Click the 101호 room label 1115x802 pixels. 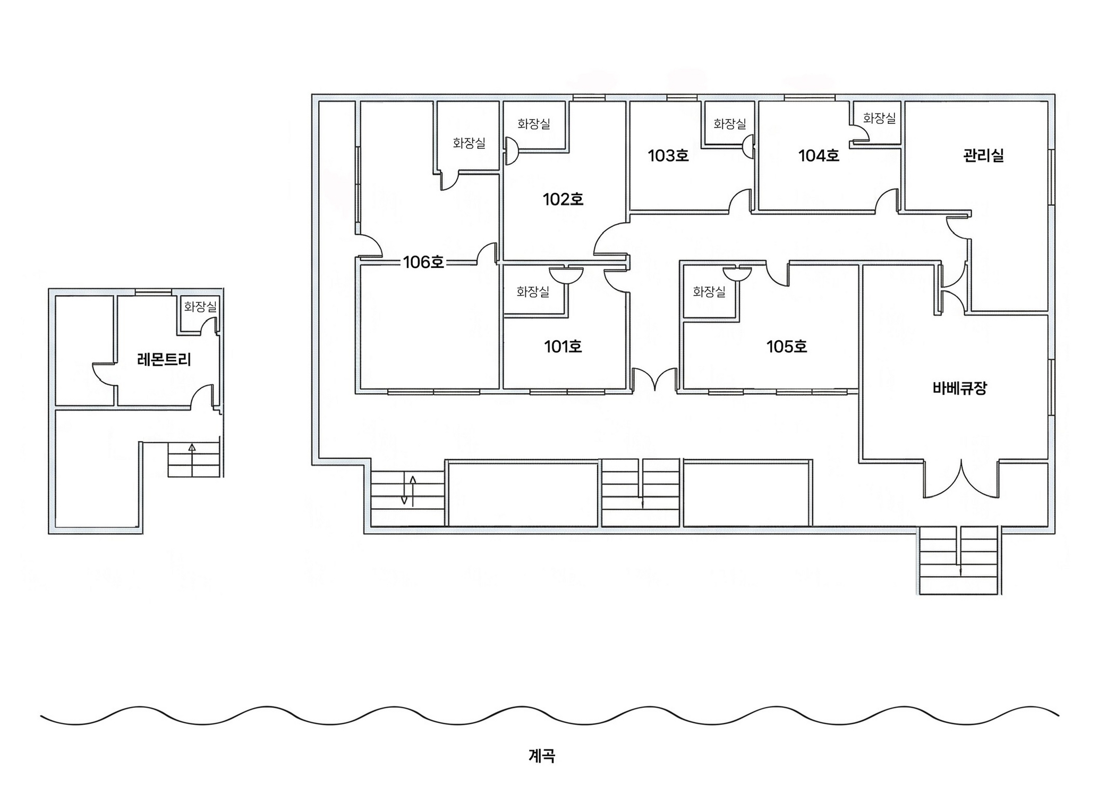(563, 347)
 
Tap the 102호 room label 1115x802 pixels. (563, 199)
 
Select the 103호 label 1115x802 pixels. (668, 156)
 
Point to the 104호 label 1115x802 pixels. (818, 156)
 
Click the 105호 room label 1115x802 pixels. (786, 347)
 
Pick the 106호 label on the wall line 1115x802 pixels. (423, 262)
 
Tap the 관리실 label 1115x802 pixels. (983, 156)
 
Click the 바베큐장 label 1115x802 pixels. (959, 388)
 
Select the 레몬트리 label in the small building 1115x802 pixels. (164, 360)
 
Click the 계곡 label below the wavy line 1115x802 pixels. (541, 755)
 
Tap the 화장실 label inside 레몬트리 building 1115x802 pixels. (200, 307)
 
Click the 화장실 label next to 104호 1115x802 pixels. (879, 118)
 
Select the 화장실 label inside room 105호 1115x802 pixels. (709, 291)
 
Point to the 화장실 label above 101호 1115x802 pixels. (532, 291)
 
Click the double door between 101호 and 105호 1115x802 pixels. (654, 379)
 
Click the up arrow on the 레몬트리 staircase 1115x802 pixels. (192, 448)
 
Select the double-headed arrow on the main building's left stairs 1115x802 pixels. (408, 490)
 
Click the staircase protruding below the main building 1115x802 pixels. (959, 561)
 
